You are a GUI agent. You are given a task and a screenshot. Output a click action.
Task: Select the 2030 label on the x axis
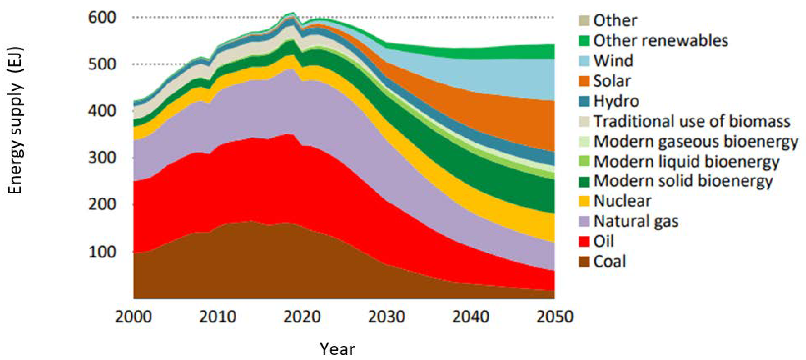click(x=386, y=317)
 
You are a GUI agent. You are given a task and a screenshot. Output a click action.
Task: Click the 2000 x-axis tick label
click(x=134, y=317)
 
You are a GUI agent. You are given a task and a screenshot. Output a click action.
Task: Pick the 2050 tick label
click(x=555, y=317)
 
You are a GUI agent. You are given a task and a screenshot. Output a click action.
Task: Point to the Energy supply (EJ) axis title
click(x=15, y=120)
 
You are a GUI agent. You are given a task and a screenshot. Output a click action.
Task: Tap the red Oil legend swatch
click(x=584, y=241)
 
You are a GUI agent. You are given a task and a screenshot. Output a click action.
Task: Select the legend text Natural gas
click(x=636, y=221)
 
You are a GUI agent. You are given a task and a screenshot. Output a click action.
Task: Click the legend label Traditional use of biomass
click(x=692, y=121)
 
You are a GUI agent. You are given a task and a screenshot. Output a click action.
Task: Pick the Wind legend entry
click(x=613, y=61)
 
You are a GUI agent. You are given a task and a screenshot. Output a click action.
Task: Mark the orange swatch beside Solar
click(x=584, y=81)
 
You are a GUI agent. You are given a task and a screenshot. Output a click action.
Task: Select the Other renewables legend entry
click(x=661, y=41)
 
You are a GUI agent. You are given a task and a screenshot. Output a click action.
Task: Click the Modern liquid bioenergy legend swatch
click(x=584, y=161)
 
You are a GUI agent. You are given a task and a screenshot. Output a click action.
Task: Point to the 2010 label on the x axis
click(x=217, y=317)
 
